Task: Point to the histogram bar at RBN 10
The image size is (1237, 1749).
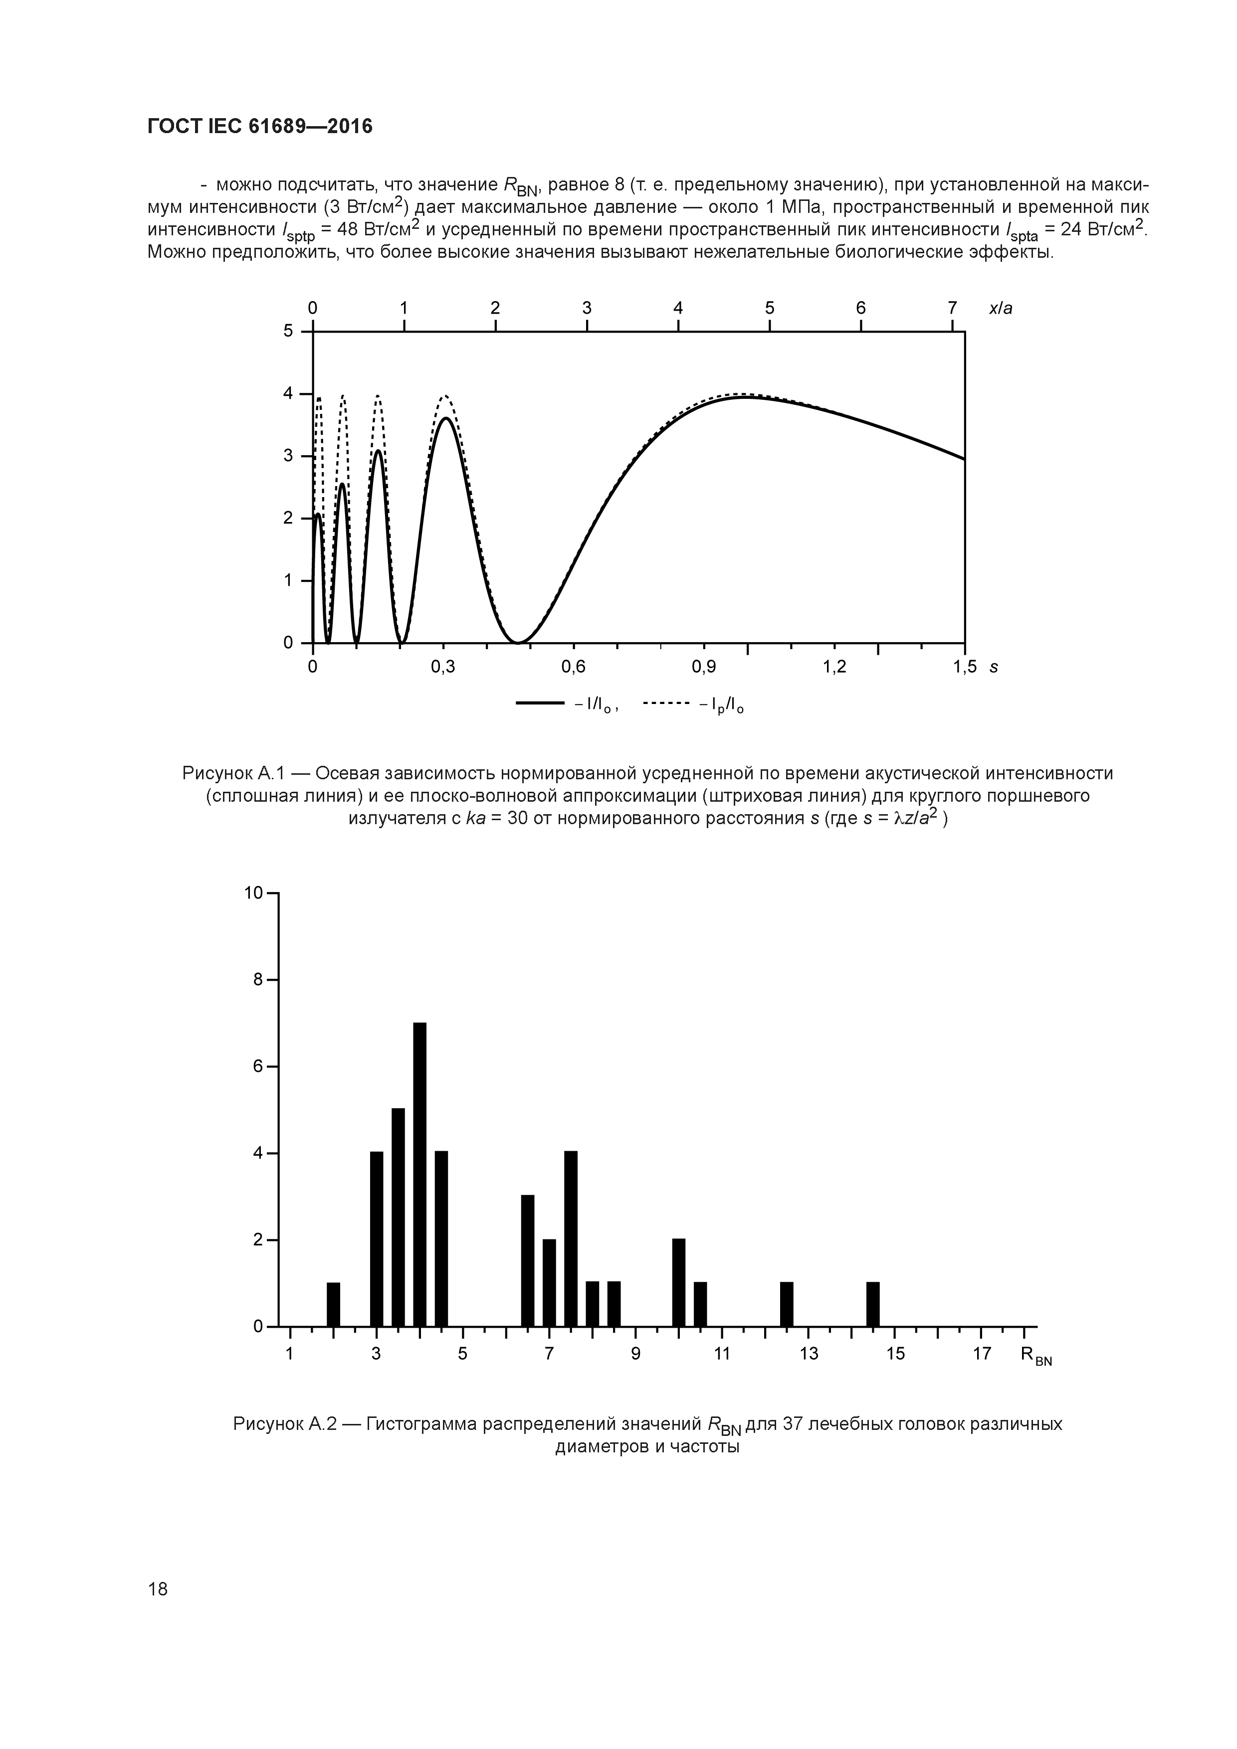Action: (x=678, y=1282)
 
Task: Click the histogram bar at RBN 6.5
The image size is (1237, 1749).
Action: (x=527, y=1261)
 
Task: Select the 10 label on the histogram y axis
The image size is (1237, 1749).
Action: (x=253, y=893)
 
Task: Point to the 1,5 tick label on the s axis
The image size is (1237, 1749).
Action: (x=964, y=667)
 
